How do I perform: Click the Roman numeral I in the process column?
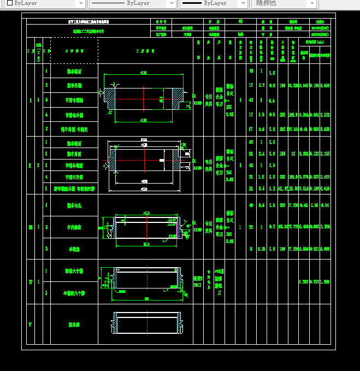point(31,100)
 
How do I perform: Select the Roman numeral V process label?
point(31,325)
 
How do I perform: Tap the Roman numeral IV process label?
point(31,282)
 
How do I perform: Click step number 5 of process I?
point(47,129)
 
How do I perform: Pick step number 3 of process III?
point(47,249)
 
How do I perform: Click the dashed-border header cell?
point(74,50)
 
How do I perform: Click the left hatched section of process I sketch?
point(110,99)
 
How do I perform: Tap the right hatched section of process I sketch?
point(178,99)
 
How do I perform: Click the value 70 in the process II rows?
point(293,154)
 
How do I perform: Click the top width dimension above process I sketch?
point(143,72)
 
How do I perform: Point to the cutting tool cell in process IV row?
point(220,282)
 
